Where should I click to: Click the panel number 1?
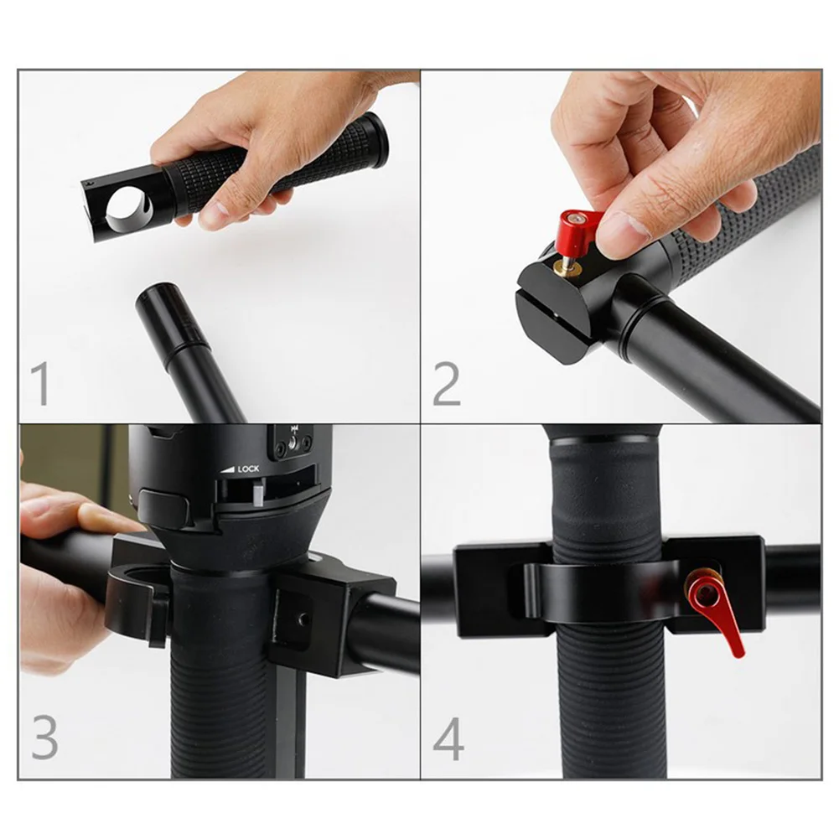pos(40,384)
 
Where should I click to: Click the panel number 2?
pos(446,384)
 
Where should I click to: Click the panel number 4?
pos(448,738)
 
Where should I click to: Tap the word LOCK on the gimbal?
pos(248,469)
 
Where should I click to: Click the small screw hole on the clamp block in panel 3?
pos(304,619)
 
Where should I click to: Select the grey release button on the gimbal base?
pos(163,508)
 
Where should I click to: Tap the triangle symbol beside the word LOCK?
pos(229,470)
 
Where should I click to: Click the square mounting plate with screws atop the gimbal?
pos(293,442)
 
